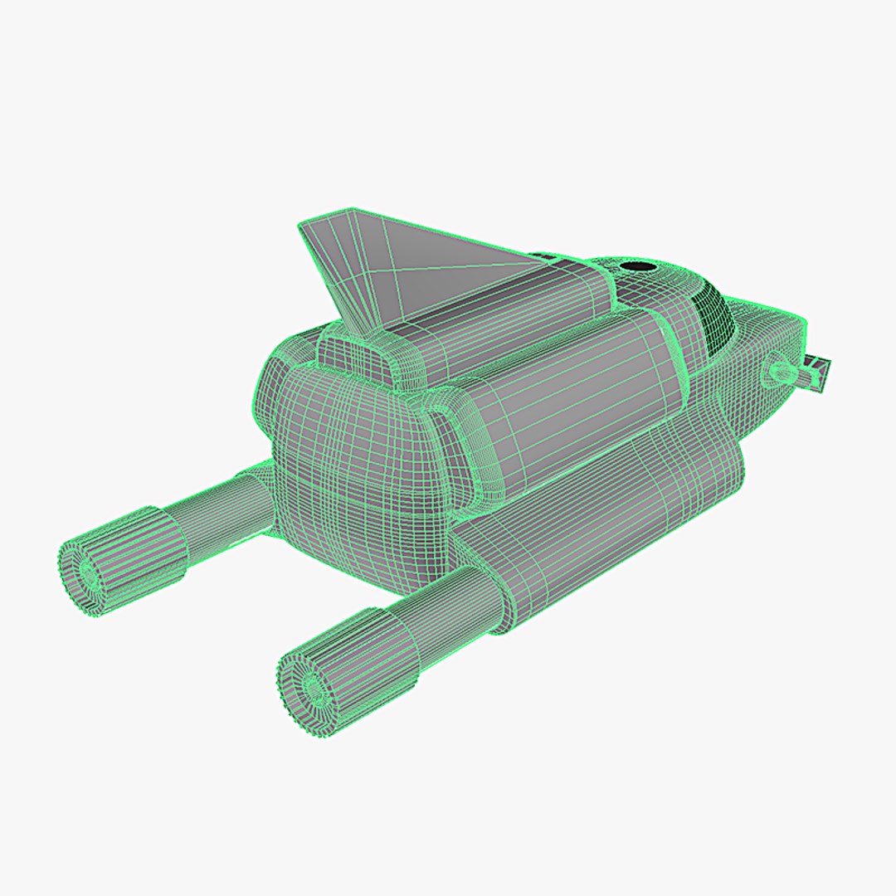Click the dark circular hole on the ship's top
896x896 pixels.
[637, 268]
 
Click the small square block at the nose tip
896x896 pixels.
[819, 373]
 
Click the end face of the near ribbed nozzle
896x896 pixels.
[312, 688]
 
